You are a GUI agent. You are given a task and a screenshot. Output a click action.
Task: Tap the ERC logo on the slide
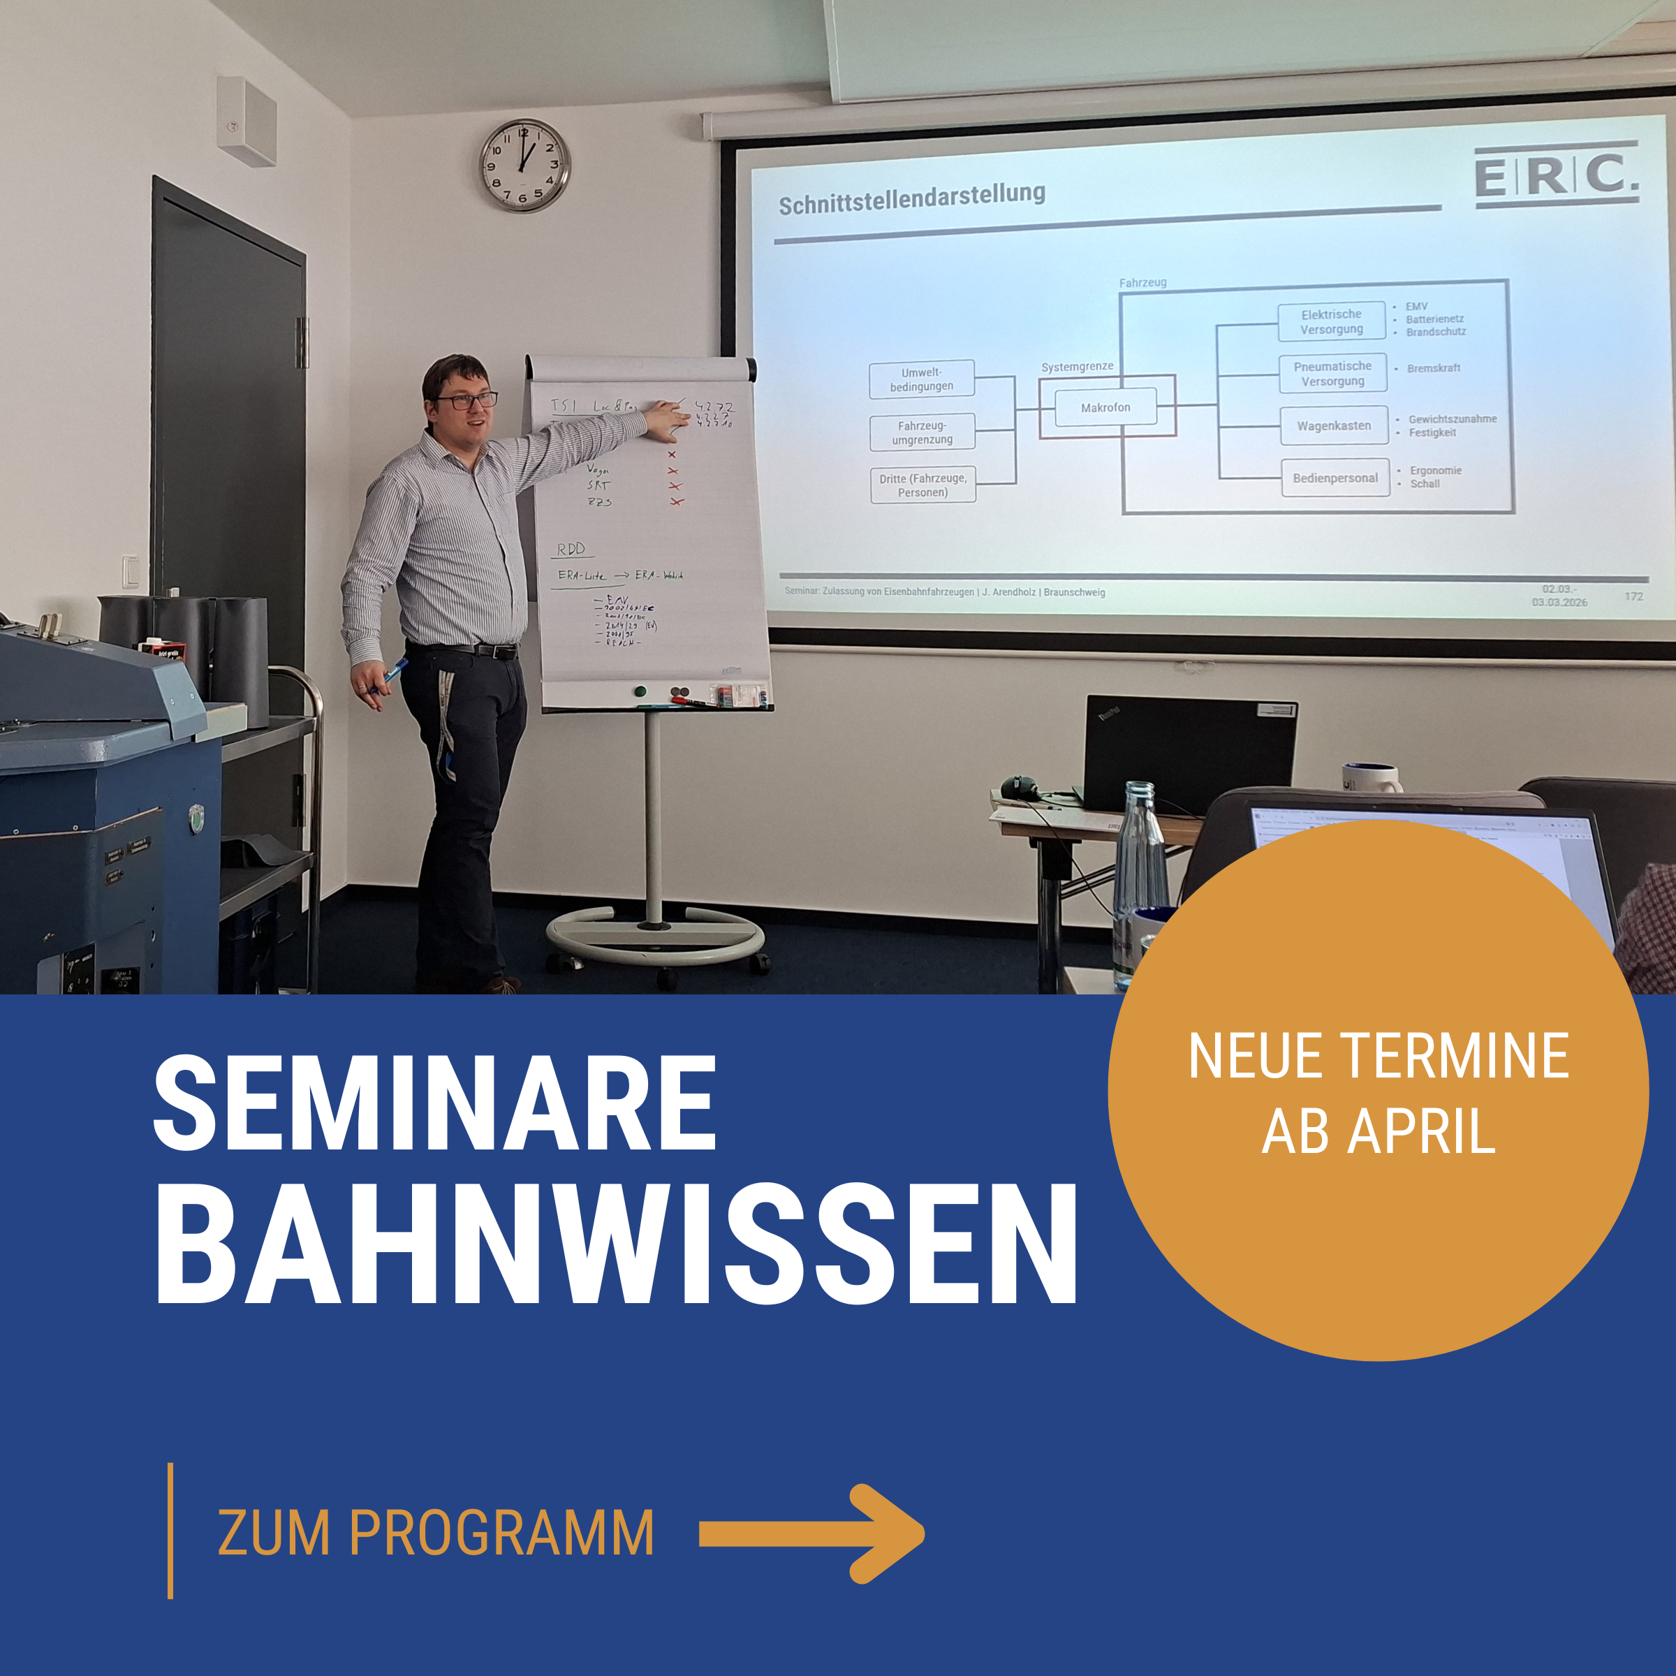coord(1557,175)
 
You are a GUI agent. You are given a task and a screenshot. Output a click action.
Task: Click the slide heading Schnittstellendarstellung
coord(911,198)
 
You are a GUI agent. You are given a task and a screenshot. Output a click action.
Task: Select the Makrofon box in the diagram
coord(1105,407)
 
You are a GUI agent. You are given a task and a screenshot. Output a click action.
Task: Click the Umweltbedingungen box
coord(921,379)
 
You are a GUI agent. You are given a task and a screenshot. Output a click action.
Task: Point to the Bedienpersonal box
coord(1335,477)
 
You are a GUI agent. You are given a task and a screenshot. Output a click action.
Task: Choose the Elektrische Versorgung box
coord(1331,321)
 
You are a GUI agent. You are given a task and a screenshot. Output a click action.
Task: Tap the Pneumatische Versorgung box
coord(1332,373)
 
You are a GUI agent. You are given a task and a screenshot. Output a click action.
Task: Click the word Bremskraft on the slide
coord(1433,368)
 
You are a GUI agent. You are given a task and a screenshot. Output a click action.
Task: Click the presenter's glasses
coord(466,401)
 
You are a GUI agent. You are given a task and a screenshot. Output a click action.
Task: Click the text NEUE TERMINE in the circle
coord(1378,1056)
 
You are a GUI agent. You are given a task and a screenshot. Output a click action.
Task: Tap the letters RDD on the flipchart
coord(571,548)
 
